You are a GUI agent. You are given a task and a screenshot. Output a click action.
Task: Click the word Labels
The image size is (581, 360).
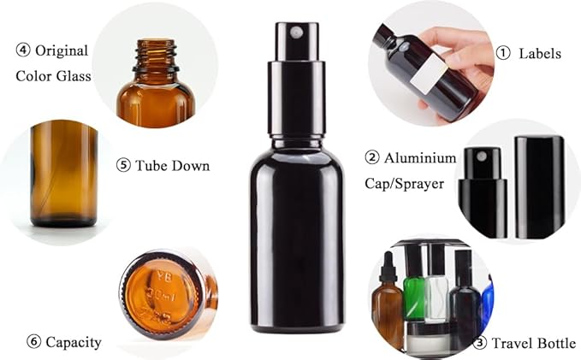coord(541,53)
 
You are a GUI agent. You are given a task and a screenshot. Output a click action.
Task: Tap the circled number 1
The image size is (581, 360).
coord(503,53)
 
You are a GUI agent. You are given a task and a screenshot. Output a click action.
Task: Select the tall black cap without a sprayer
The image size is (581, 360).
coord(538,186)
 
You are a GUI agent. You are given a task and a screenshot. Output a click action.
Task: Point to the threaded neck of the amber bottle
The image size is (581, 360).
coord(156,56)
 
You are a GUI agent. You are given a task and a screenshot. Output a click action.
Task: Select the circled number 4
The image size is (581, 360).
coord(23,50)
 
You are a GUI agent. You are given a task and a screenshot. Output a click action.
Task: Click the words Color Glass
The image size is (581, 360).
coord(52,76)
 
